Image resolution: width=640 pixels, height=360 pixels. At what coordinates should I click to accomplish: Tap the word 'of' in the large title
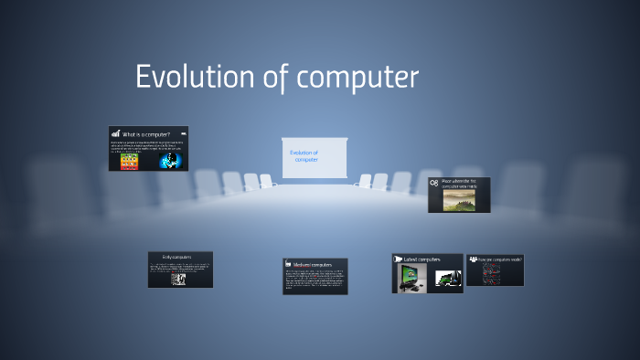[x=273, y=77]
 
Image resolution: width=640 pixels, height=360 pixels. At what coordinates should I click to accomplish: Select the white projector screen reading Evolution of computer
[x=315, y=156]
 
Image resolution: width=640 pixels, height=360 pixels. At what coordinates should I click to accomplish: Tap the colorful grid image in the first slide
[x=130, y=161]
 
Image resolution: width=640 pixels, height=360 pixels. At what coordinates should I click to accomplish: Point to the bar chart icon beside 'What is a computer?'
[x=116, y=133]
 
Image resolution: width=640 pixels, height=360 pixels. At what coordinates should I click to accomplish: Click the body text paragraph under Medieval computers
[x=315, y=280]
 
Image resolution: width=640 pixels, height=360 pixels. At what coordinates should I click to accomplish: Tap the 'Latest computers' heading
[x=423, y=259]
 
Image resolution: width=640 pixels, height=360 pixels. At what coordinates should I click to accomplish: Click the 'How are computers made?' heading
[x=499, y=259]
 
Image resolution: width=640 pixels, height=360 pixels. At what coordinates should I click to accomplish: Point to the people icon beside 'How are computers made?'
[x=473, y=259]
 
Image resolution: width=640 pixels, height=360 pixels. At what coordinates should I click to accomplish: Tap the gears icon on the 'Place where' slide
[x=433, y=184]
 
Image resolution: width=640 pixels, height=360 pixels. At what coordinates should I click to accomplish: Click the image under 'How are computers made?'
[x=492, y=274]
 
